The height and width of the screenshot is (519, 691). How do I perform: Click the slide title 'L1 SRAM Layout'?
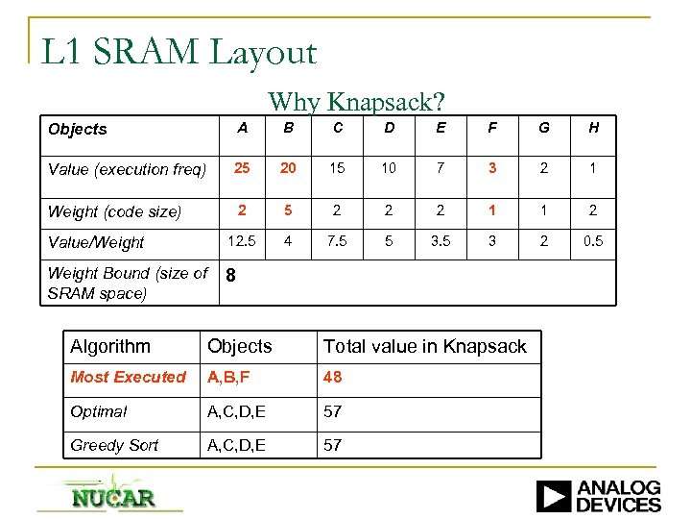[x=179, y=51]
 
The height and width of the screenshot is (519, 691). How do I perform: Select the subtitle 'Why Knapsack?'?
[x=356, y=101]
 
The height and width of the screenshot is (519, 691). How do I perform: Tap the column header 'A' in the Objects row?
[x=243, y=128]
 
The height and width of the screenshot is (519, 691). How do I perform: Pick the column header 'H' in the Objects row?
[x=593, y=128]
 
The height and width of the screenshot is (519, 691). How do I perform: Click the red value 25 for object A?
[x=243, y=168]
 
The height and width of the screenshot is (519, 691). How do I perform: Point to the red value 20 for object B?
[x=288, y=168]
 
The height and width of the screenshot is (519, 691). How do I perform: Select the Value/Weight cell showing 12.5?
[x=243, y=241]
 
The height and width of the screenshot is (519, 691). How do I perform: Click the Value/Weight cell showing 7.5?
[x=338, y=241]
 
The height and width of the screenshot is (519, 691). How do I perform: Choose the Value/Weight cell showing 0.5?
[x=593, y=241]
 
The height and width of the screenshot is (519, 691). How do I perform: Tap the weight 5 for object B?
[x=288, y=210]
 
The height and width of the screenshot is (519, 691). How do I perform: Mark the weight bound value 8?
[x=230, y=277]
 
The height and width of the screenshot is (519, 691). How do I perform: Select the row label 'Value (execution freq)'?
[x=127, y=169]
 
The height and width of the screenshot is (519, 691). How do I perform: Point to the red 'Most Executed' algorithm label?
[x=128, y=377]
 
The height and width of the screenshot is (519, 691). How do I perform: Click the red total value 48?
[x=332, y=377]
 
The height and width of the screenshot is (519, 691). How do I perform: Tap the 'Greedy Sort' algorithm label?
[x=114, y=445]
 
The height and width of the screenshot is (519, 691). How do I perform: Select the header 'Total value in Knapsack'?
[x=424, y=346]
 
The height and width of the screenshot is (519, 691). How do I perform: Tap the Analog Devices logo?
[x=598, y=496]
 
